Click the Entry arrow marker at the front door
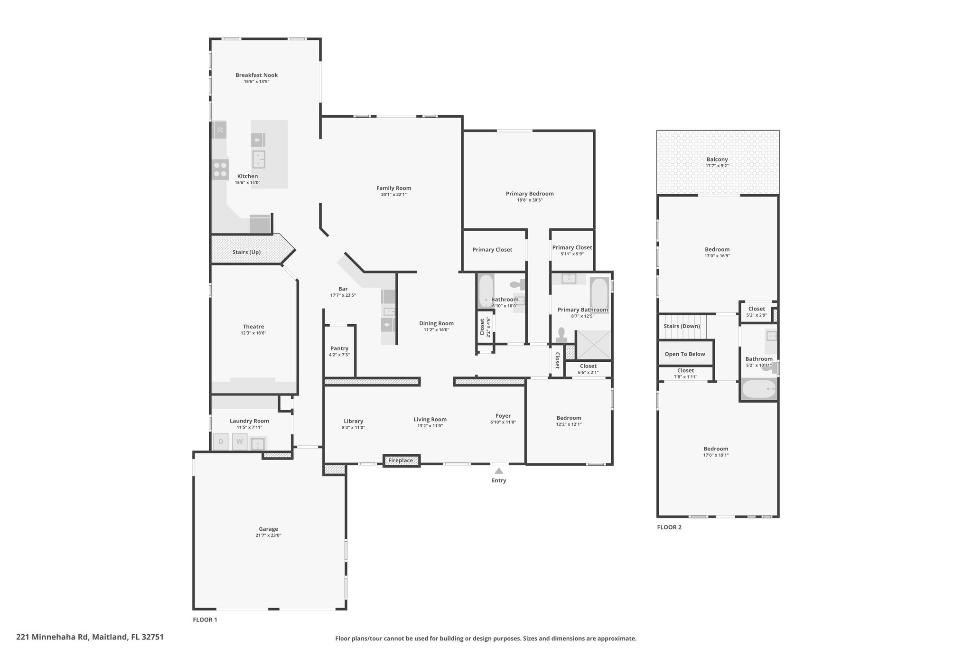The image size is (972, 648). point(499,471)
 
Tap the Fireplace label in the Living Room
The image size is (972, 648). point(401,460)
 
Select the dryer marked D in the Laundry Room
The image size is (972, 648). point(221,441)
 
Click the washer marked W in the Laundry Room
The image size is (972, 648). point(240,441)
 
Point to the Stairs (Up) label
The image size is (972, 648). point(246,252)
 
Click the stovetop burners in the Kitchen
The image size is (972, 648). point(221,169)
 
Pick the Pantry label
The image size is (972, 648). point(339,348)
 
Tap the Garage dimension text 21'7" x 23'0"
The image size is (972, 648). point(268,535)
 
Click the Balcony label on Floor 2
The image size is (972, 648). point(717,160)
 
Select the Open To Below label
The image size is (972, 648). point(685,354)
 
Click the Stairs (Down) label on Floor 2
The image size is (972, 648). point(682,326)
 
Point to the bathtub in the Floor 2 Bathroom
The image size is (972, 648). point(758,389)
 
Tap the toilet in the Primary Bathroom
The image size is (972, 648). point(562,335)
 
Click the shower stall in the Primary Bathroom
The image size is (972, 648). point(593,345)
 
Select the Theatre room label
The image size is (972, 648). point(253,327)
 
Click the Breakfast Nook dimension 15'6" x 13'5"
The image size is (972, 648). point(257,82)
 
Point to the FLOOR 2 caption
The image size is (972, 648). point(669,527)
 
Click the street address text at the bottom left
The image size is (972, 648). point(90,637)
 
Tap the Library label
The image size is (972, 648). point(354,421)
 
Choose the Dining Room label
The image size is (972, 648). point(436,323)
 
